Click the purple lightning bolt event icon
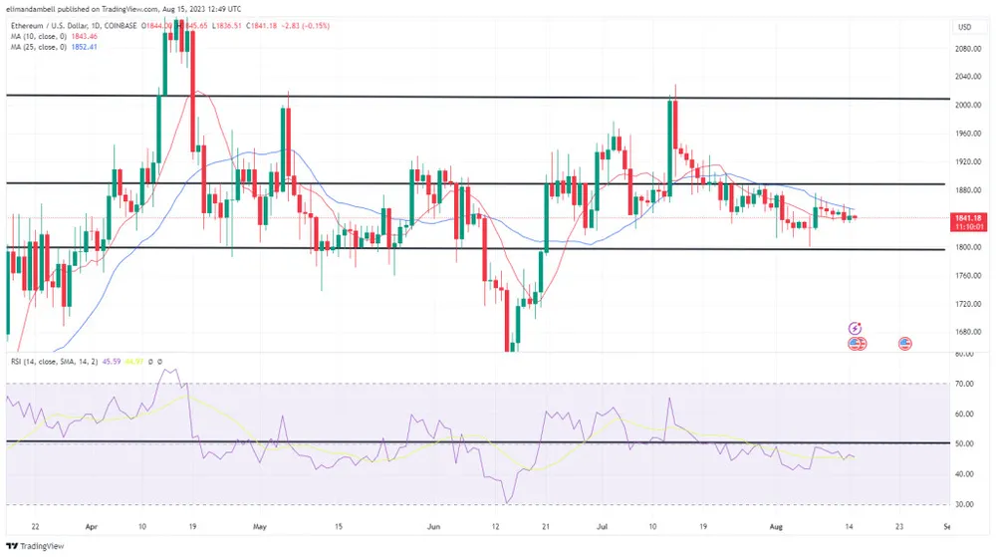(x=855, y=328)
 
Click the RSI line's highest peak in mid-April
(x=164, y=371)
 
